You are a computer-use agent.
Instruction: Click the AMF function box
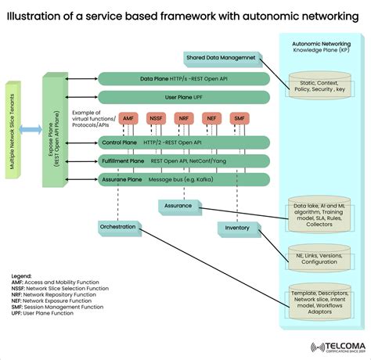point(129,118)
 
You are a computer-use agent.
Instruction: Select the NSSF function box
point(157,118)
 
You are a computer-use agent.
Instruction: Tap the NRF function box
point(184,118)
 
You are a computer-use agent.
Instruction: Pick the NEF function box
point(211,118)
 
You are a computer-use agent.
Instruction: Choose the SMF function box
point(239,118)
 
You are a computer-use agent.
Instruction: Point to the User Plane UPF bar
point(184,97)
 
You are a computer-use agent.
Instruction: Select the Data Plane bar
point(184,78)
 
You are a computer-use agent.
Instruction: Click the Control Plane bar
point(184,142)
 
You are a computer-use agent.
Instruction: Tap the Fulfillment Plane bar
point(184,161)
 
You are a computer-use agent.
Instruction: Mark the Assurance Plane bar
point(184,180)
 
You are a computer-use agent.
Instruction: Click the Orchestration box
point(117,227)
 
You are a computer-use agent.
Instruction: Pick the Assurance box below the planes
point(177,206)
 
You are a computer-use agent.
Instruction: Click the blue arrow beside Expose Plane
point(32,128)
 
